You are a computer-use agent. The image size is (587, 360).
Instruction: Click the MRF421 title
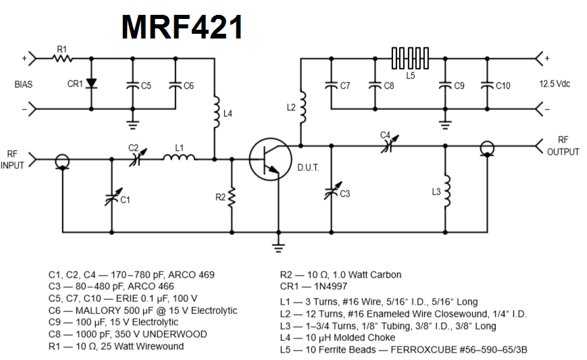[x=182, y=28]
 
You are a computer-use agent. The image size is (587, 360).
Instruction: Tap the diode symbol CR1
[x=93, y=84]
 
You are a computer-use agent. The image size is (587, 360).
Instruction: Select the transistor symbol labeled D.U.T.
[x=267, y=159]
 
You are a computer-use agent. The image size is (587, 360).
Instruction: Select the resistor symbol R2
[x=232, y=197]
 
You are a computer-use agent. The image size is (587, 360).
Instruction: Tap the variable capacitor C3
[x=330, y=193]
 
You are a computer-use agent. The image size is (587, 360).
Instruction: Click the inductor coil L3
[x=445, y=192]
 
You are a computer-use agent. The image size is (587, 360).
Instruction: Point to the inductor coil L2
[x=301, y=107]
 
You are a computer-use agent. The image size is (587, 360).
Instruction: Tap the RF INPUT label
[x=14, y=159]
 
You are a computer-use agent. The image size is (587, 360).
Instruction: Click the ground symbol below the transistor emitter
[x=276, y=246]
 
